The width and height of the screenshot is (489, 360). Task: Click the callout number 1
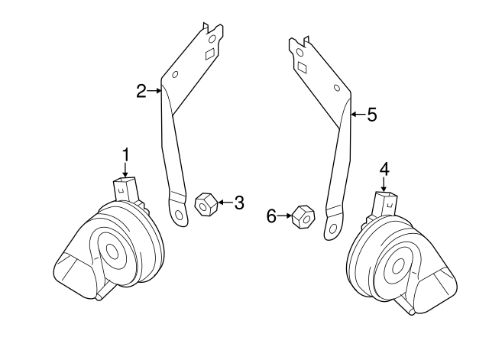(x=126, y=155)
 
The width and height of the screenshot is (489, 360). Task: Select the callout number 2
(x=141, y=92)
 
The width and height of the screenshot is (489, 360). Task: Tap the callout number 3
(x=238, y=203)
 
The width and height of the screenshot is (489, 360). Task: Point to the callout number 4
(x=384, y=168)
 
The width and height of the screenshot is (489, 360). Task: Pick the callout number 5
(x=371, y=115)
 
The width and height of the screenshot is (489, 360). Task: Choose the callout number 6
(x=270, y=217)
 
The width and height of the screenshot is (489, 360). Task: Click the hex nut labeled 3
(x=205, y=205)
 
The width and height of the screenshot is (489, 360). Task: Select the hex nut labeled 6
(x=303, y=218)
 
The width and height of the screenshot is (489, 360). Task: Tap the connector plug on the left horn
(x=125, y=188)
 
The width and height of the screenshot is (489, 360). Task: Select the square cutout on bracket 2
(x=209, y=54)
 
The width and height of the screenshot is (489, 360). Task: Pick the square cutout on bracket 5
(x=302, y=67)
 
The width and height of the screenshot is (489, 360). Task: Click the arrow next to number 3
(x=223, y=203)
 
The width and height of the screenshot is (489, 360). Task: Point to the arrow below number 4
(x=384, y=184)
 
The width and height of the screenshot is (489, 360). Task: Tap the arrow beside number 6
(x=285, y=217)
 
